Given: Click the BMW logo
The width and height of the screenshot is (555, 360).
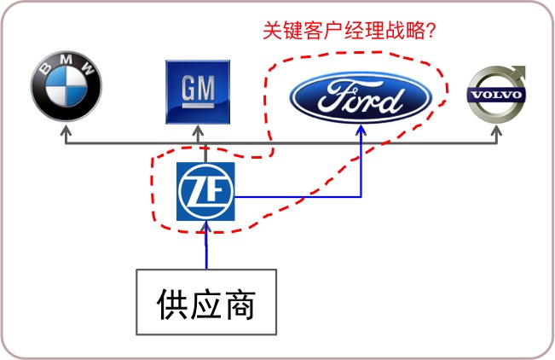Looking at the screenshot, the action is (x=66, y=86).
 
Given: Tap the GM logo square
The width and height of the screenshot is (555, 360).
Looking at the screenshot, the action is (x=198, y=92).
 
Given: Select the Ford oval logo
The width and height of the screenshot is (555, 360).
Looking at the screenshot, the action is (x=361, y=97).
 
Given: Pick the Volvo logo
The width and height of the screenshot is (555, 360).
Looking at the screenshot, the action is (x=496, y=94).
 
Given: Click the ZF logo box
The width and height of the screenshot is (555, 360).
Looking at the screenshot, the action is (x=205, y=191).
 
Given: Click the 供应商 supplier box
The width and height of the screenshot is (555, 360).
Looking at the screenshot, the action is (x=206, y=302).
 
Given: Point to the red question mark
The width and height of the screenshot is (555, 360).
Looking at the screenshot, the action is (x=431, y=31).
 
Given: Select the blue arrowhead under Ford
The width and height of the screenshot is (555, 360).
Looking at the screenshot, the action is (x=361, y=130).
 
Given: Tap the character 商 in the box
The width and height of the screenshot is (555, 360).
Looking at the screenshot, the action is (x=240, y=304).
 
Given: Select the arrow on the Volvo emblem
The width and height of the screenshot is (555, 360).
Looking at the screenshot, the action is (x=517, y=73).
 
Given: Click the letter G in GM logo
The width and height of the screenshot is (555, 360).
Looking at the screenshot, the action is (x=189, y=88).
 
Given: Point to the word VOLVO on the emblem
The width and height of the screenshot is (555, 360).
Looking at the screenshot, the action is (x=496, y=95).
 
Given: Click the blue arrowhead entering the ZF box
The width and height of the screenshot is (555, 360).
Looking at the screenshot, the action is (x=206, y=227).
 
